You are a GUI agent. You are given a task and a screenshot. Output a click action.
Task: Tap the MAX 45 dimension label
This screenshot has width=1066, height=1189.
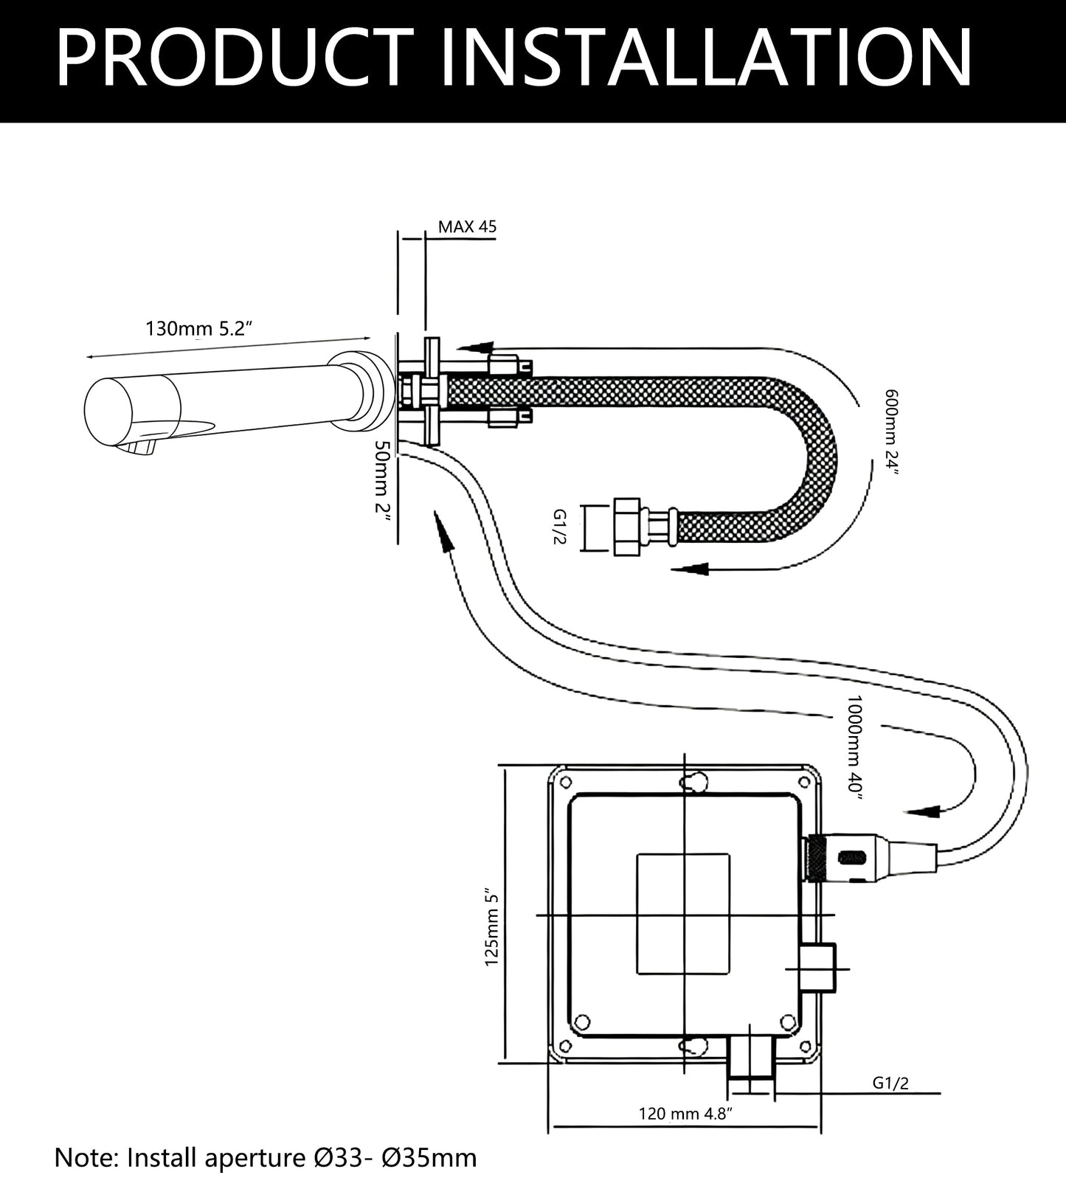click(467, 226)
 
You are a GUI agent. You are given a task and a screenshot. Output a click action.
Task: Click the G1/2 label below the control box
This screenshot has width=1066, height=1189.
click(890, 1083)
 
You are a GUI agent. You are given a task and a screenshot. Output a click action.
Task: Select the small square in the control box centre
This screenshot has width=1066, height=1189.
click(682, 914)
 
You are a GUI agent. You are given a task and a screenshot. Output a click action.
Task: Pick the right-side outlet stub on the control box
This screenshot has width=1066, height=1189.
click(818, 968)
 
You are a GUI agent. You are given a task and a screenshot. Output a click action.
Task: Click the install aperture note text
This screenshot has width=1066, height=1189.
click(266, 1157)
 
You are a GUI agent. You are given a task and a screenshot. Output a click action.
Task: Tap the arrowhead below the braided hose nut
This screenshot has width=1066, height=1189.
click(693, 569)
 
